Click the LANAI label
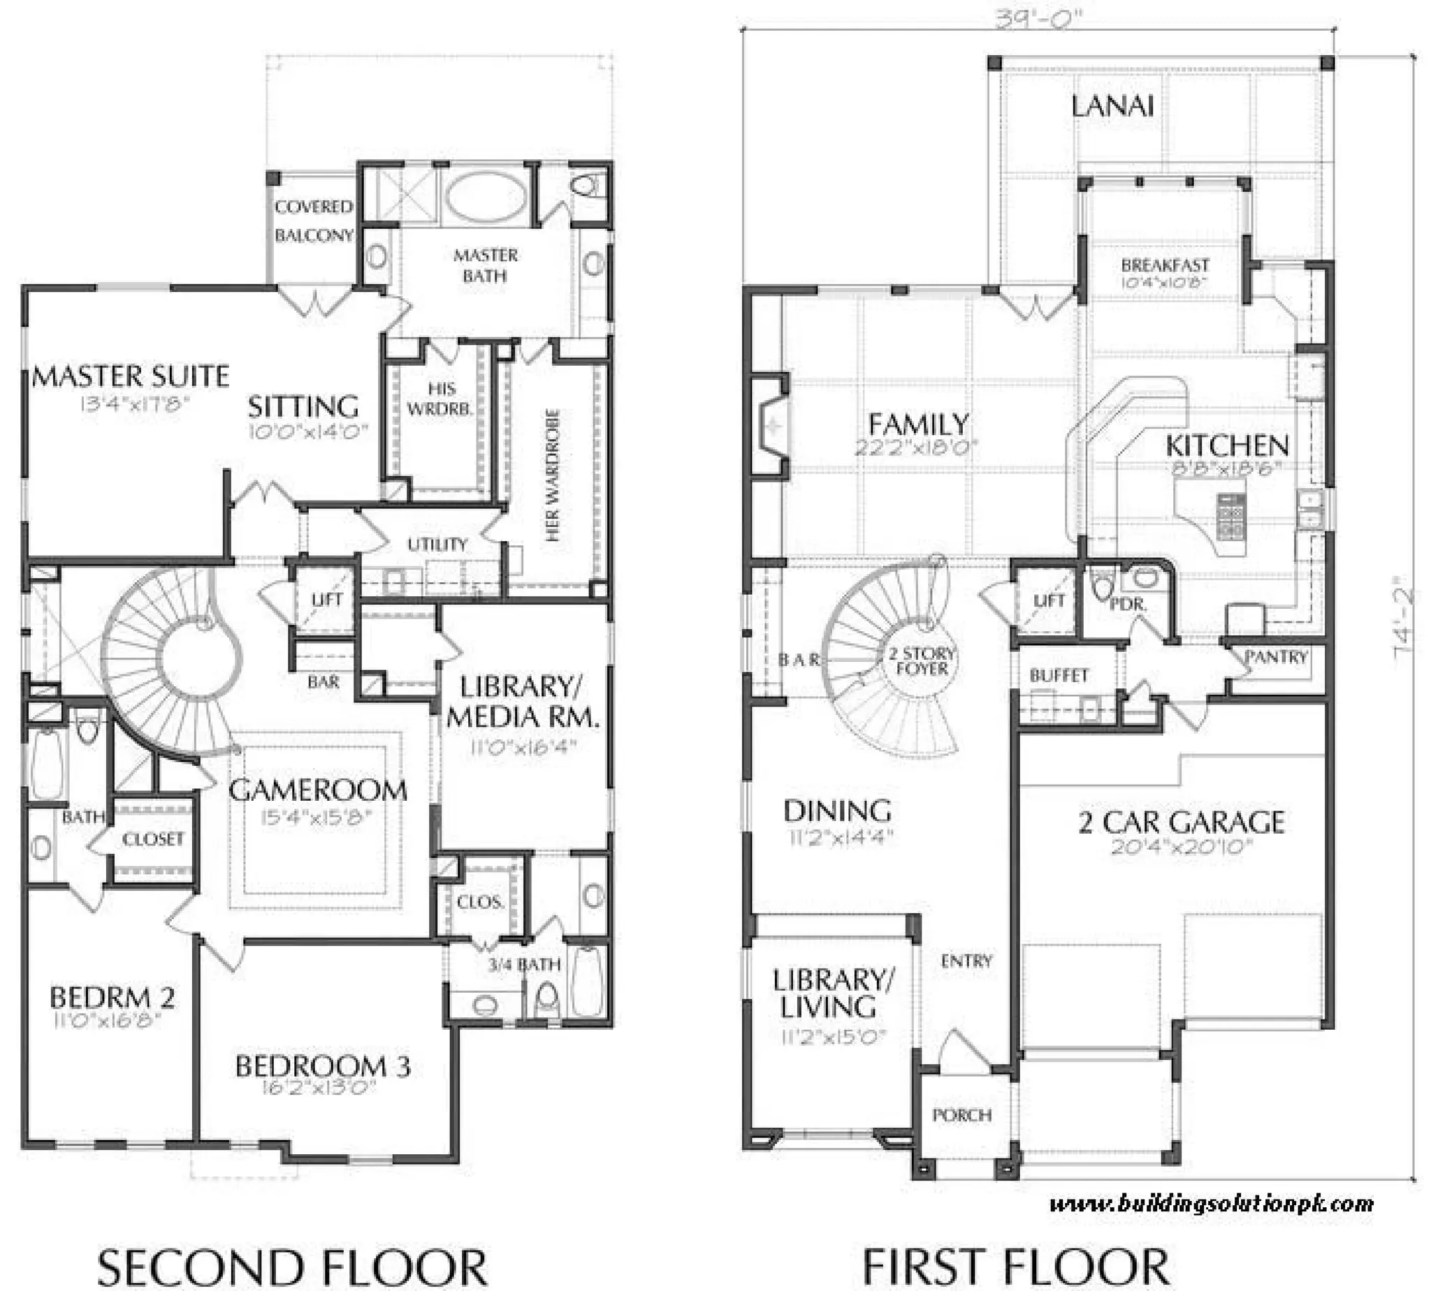[1112, 106]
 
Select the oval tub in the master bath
[486, 196]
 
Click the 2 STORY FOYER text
[922, 661]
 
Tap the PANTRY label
[1276, 657]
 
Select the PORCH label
[962, 1115]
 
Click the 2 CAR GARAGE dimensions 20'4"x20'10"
[1181, 847]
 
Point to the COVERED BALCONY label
[313, 221]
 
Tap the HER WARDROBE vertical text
[553, 475]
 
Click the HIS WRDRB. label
[440, 399]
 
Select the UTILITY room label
[437, 545]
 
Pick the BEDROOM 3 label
[323, 1066]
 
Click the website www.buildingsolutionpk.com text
[1211, 1204]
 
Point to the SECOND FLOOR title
[292, 1266]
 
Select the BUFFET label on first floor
[1059, 675]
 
